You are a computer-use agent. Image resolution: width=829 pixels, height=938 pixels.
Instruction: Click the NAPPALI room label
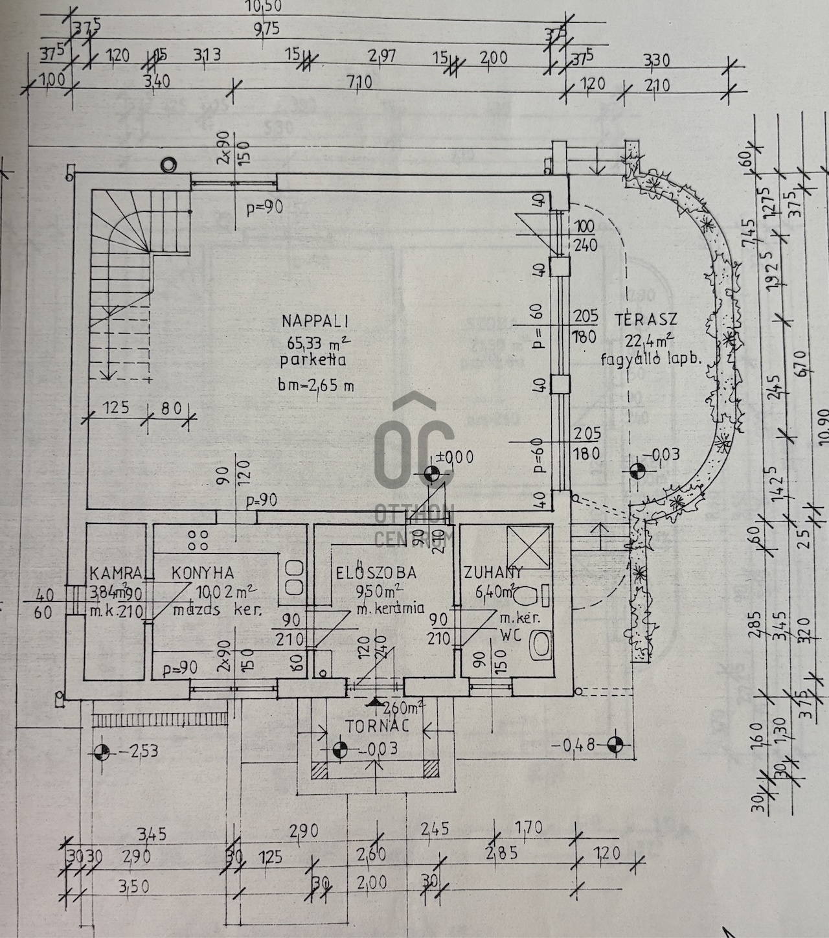pos(315,320)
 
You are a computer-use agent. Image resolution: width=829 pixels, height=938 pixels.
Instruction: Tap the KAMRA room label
pos(116,573)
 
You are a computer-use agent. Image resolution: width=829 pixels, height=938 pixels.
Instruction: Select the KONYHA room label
pos(203,573)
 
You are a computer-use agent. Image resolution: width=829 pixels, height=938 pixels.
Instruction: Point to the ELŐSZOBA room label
pos(375,573)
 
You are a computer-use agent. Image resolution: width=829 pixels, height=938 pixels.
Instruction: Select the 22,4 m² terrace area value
pos(649,341)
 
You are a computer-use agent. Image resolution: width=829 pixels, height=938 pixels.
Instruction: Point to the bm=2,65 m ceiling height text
pos(317,386)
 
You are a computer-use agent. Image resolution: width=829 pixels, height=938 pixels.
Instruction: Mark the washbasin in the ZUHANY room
pos(540,645)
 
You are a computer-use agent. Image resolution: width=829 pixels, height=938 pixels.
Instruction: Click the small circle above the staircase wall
pos(168,165)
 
